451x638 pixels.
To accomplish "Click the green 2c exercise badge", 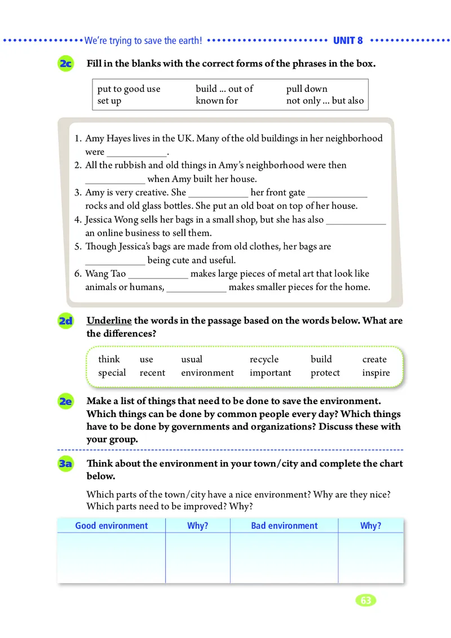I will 65,64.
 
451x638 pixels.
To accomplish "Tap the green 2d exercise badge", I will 65,321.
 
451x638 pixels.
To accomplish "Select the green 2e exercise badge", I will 65,401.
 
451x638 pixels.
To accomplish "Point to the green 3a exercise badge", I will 65,464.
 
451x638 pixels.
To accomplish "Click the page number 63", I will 366,600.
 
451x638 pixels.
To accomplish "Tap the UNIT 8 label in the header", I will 348,41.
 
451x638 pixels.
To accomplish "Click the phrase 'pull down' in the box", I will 307,88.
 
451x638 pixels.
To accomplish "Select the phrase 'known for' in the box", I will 216,101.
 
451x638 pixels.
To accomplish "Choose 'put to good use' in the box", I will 129,88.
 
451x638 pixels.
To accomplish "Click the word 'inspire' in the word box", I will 376,373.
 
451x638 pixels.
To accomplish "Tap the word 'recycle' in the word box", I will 264,359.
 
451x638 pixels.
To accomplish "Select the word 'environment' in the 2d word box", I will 207,373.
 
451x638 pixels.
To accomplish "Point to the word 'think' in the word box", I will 109,359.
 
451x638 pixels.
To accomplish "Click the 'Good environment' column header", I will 111,525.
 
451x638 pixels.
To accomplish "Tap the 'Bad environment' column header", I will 284,525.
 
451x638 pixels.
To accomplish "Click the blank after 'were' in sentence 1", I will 136,152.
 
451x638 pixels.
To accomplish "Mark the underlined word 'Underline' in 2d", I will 109,321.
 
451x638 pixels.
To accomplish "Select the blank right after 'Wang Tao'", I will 158,274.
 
